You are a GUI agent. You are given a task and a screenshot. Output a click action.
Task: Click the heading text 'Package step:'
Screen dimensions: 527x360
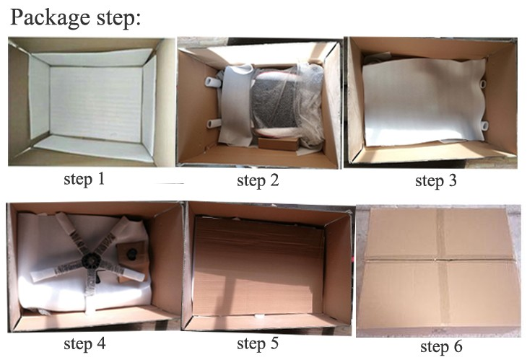76,17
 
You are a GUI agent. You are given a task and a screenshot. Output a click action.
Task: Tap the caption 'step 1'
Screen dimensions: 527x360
84,179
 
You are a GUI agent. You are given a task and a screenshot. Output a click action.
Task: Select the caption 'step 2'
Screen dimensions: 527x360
258,180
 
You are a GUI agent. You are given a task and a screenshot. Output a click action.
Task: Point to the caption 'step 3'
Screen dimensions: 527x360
436,180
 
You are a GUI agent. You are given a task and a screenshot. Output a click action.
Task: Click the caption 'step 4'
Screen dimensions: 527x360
84,343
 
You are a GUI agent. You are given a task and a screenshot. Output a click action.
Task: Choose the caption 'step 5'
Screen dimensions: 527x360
258,343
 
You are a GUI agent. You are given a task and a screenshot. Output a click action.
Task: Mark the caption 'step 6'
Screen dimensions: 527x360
441,346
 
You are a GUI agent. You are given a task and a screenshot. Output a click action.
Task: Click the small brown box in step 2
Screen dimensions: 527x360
279,143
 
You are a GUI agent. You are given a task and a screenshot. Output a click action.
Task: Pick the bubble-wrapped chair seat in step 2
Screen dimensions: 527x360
286,102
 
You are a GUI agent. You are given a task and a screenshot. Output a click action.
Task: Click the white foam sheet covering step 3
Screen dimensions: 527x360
424,101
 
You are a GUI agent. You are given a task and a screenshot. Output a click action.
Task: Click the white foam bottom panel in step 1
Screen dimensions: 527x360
96,103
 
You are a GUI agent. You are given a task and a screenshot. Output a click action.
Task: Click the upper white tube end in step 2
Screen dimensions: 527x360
213,82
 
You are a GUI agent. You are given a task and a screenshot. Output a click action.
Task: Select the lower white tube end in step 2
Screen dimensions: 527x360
214,123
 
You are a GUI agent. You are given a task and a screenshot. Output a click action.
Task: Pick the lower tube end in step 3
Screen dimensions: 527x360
484,126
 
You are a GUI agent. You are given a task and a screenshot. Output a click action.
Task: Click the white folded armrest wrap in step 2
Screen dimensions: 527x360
236,104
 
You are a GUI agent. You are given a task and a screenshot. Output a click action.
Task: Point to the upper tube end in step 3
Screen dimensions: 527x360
483,83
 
